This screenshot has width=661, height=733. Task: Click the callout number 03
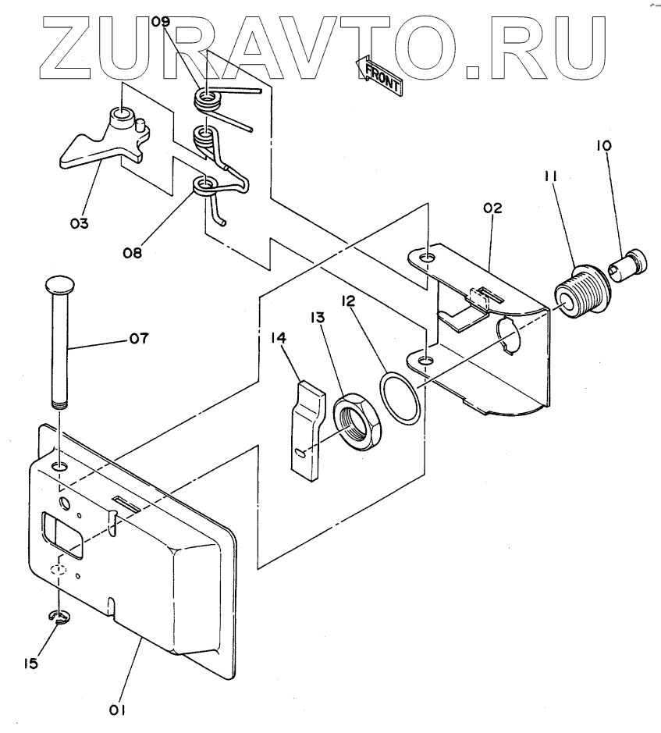(x=79, y=223)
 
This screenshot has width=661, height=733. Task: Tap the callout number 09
(x=160, y=22)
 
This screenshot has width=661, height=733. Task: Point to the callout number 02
(x=492, y=208)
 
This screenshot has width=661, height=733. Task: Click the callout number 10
(x=606, y=146)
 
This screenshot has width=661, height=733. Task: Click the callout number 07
(x=140, y=339)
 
